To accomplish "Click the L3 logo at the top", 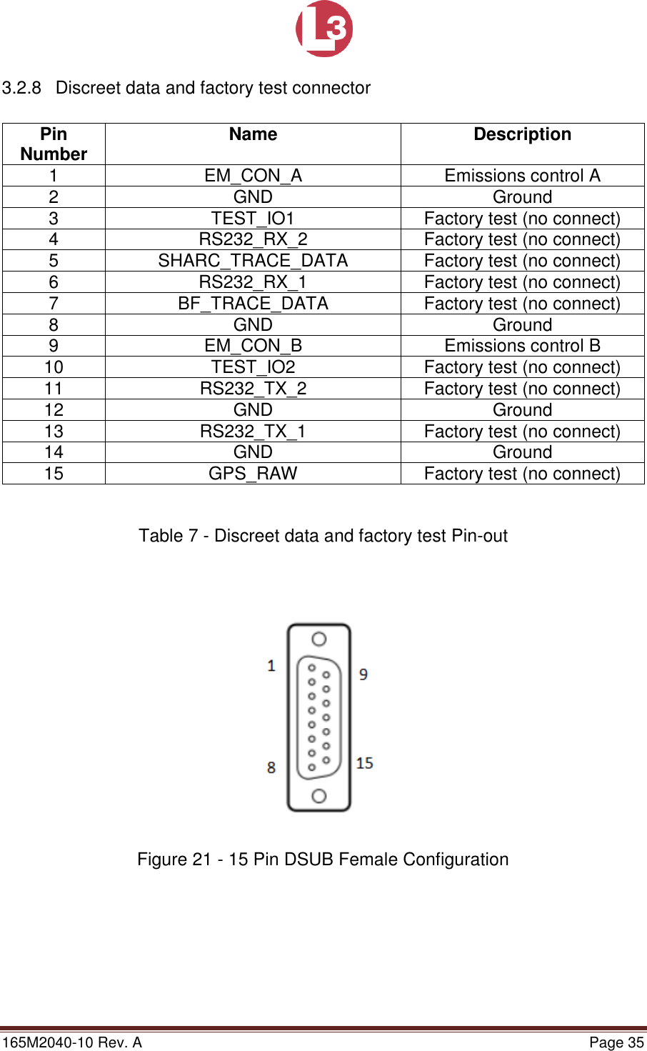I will [324, 29].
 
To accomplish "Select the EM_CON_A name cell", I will [253, 176].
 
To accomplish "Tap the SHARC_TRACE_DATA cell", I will [253, 261].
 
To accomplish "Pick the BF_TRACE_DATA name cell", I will [253, 304].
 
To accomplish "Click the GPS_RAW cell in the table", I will [253, 474].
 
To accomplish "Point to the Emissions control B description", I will [522, 346].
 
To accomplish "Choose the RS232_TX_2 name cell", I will [253, 389].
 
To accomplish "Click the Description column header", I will [522, 134].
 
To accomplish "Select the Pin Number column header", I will [54, 144].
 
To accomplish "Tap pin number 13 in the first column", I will [54, 432].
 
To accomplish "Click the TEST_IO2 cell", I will [253, 367].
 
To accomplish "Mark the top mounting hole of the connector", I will [319, 639].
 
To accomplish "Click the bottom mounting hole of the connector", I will [319, 796].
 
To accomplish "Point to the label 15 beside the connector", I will [364, 763].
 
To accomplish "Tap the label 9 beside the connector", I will [363, 674].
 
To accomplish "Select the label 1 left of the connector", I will [271, 666].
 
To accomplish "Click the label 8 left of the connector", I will [271, 767].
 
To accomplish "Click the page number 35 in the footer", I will [636, 1042].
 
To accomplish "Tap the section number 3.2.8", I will [21, 88].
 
